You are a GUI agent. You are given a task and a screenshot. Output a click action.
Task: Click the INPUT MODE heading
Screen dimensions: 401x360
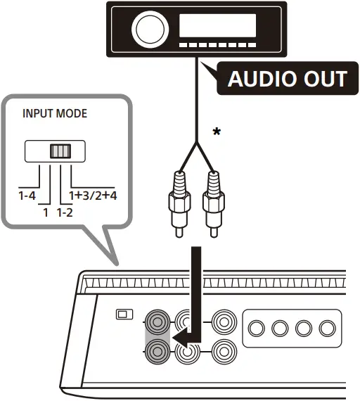click(56, 113)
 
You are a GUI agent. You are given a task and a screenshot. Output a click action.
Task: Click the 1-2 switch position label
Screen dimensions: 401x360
click(65, 210)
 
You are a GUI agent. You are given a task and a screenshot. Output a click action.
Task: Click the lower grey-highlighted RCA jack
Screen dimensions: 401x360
click(156, 350)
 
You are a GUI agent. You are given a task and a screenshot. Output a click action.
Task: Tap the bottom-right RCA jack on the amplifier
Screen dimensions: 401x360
click(223, 350)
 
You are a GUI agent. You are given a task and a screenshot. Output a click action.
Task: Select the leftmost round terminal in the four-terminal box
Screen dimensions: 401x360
click(258, 328)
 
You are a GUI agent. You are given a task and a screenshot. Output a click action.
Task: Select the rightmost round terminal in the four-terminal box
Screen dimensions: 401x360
click(326, 328)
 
